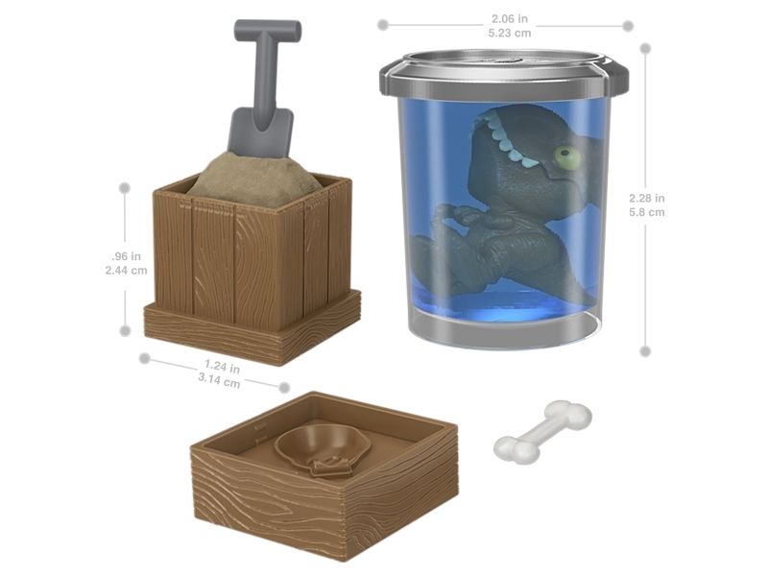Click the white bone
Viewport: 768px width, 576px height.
coord(542,432)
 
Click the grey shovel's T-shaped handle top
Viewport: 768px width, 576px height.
coord(268,32)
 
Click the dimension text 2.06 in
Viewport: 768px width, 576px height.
coord(510,18)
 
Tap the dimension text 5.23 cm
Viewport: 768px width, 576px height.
coord(510,33)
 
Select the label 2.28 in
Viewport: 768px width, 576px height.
coord(647,198)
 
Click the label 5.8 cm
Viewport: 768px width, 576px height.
coord(647,212)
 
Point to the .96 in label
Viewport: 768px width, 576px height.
coord(126,255)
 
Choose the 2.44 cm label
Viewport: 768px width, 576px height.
coord(126,270)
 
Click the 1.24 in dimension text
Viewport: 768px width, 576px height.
coord(222,366)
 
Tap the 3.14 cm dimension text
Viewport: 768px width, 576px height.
coord(219,380)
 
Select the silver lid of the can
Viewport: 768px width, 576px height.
coord(503,74)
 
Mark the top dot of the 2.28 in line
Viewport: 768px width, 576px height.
coord(645,48)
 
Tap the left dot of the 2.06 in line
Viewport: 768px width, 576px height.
coord(383,25)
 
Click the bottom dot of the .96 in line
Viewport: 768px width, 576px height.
coord(125,330)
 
